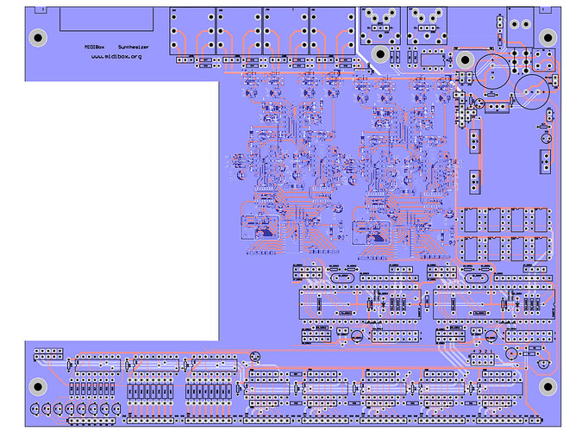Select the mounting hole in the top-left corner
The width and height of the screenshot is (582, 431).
(x=37, y=37)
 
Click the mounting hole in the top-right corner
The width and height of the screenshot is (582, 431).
(x=547, y=36)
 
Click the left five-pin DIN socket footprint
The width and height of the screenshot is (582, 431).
(x=380, y=22)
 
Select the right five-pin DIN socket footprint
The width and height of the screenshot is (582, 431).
(x=424, y=22)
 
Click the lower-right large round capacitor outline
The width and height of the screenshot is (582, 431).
(x=533, y=90)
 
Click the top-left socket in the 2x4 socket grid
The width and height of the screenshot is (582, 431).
(x=472, y=222)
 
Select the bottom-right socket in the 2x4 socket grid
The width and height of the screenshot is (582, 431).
(x=541, y=249)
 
